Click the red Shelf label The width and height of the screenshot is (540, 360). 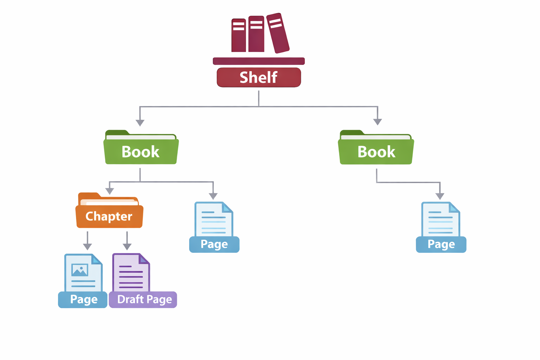coord(259,77)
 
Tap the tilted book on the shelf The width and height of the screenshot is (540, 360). coord(278,33)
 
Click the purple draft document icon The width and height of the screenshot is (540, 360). coord(131,272)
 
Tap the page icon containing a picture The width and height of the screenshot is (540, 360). coord(83,272)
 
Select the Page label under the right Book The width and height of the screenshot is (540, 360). coord(441,244)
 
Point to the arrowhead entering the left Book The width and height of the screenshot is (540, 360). coord(140,123)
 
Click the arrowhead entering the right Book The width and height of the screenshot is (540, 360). coord(378,122)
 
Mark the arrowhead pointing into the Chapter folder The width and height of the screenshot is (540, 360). coord(110,191)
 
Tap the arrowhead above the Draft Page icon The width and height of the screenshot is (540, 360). coord(127,246)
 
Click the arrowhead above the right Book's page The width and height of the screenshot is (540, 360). coord(440,196)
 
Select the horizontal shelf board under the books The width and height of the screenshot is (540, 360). coord(259,61)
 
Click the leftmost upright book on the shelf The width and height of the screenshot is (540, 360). coord(238,35)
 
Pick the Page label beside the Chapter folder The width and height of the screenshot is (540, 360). coord(214,244)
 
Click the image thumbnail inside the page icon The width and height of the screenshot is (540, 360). coord(80,270)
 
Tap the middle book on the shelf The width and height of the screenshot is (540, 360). coord(256,34)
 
